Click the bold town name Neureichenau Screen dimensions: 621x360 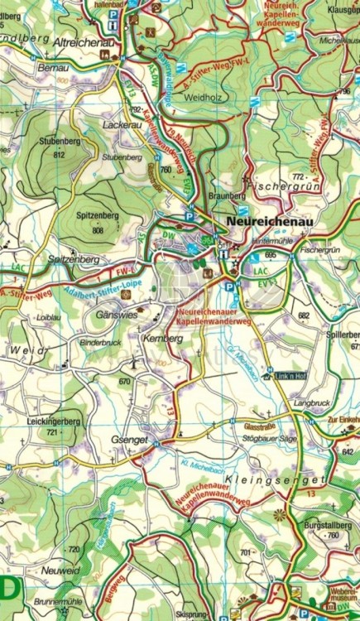coord(267,222)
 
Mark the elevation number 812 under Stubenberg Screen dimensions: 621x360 coord(58,154)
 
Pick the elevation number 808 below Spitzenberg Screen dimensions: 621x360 coord(98,230)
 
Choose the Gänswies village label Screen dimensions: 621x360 coord(115,315)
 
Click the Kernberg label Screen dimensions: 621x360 coord(163,339)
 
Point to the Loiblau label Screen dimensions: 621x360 coord(49,317)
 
